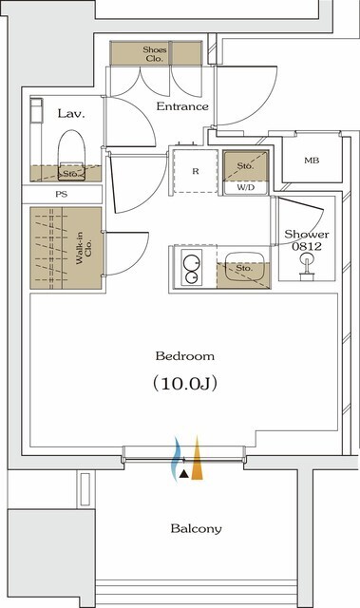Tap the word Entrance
tap(181, 106)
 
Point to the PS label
tap(62, 194)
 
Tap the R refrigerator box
tap(195, 171)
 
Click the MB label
tap(311, 161)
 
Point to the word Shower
tap(306, 235)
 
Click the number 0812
tap(306, 247)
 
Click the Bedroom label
tap(184, 356)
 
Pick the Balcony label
tap(197, 528)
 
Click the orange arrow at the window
tap(197, 460)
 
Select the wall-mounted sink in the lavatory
tap(36, 113)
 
